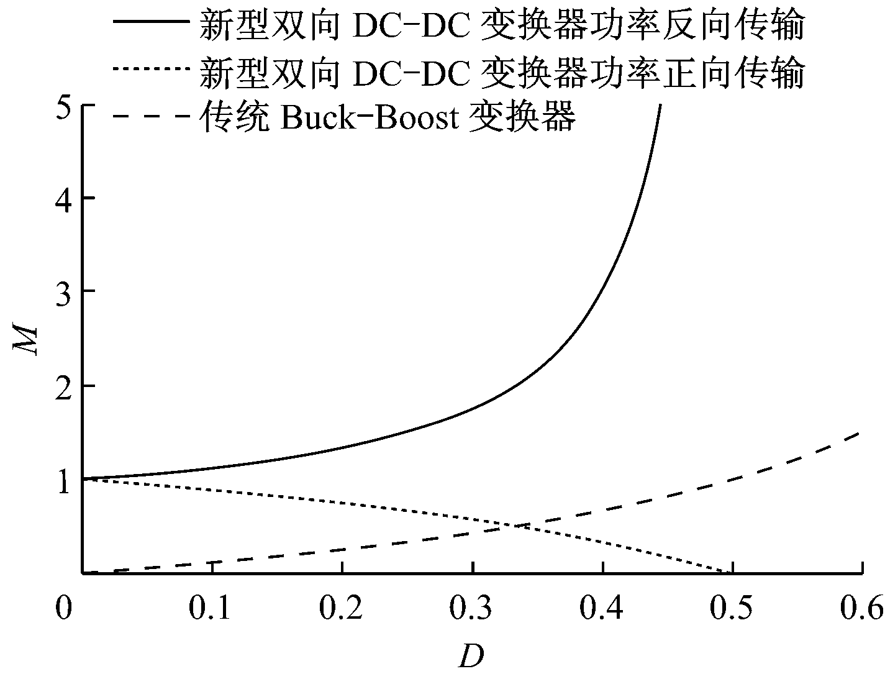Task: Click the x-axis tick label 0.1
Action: point(212,609)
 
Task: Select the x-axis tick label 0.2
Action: point(342,609)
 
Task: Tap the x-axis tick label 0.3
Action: point(473,609)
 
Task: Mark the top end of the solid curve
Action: point(660,106)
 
